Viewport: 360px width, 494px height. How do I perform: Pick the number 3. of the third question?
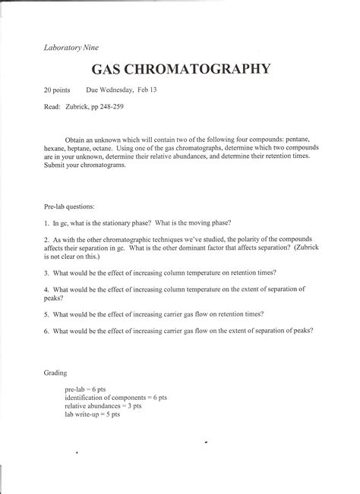coord(46,272)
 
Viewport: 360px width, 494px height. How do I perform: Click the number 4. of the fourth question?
coord(46,289)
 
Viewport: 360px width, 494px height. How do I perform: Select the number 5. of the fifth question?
coord(46,313)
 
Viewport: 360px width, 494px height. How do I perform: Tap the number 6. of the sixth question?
coord(46,330)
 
